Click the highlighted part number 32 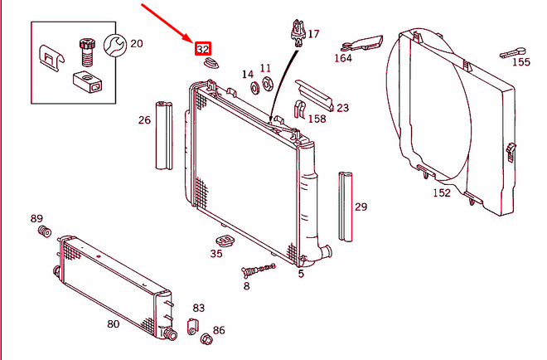202,49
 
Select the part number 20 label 136,43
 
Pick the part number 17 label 312,34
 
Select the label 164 343,58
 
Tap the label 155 520,61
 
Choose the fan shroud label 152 442,192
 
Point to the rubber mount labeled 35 222,241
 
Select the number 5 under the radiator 301,273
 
